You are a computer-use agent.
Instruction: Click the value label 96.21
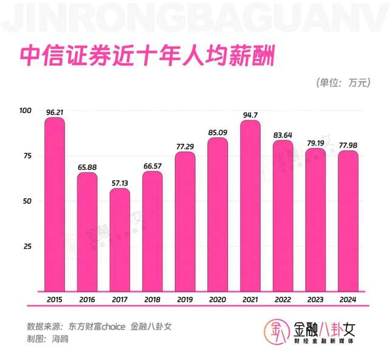point(55,112)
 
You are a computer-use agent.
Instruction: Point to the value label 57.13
point(120,182)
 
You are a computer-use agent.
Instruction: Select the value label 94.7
point(250,114)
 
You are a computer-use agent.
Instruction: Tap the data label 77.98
point(348,145)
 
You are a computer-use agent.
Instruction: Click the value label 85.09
point(218,131)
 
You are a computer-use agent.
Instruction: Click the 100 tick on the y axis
point(26,110)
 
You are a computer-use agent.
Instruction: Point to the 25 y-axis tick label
point(27,246)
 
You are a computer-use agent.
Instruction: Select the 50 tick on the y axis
point(27,201)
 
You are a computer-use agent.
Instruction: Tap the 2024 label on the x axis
point(348,299)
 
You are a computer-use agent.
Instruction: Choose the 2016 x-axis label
point(88,299)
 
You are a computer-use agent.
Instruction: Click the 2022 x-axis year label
point(283,299)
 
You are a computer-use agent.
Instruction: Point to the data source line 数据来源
point(100,326)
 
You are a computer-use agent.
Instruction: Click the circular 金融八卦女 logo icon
point(275,332)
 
